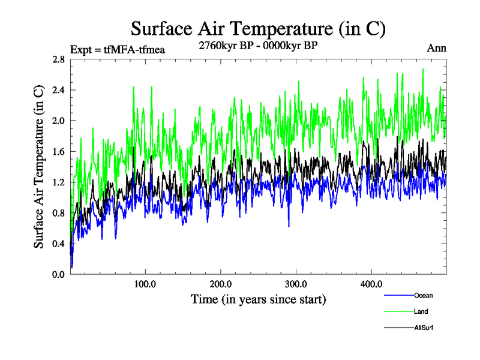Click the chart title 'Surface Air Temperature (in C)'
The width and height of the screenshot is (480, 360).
[x=258, y=28]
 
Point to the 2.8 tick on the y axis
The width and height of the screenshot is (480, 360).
[x=59, y=59]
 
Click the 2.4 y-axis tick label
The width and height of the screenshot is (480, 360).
[x=59, y=90]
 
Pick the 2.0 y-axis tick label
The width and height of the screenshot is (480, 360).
[x=59, y=121]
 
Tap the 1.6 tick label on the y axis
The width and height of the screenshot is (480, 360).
[x=59, y=151]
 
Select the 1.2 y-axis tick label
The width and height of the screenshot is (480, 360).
[x=59, y=182]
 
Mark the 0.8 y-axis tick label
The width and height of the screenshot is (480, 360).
[x=59, y=212]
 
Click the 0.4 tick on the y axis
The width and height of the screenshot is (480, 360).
[x=59, y=243]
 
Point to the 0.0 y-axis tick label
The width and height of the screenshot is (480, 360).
[x=59, y=274]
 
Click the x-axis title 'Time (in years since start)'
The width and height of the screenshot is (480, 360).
[x=259, y=299]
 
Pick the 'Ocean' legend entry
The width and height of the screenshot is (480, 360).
[x=423, y=295]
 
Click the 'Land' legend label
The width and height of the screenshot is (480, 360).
[x=421, y=311]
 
